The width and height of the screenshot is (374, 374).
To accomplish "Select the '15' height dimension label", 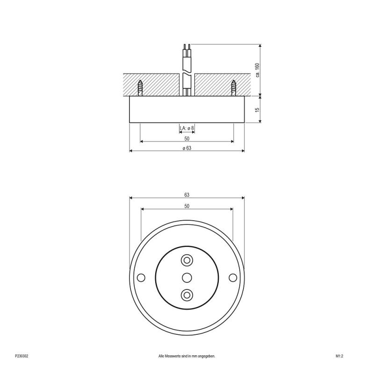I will [258, 110].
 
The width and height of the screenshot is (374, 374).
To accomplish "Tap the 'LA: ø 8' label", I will [187, 128].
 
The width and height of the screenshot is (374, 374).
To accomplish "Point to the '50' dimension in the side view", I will [187, 139].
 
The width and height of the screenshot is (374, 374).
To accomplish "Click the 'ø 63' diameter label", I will [187, 148].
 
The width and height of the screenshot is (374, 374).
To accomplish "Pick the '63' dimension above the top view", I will [187, 195].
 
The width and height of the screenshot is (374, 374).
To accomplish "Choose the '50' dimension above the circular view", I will [187, 206].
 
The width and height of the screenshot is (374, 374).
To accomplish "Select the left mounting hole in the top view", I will [141, 277].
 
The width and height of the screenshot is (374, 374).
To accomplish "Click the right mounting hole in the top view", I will [233, 277].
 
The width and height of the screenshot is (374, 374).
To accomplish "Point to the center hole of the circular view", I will [187, 277].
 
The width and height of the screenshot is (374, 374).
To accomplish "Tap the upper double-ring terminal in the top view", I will [187, 260].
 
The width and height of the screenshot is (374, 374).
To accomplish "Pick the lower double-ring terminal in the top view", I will [187, 295].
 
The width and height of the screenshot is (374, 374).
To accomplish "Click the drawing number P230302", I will [22, 356].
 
